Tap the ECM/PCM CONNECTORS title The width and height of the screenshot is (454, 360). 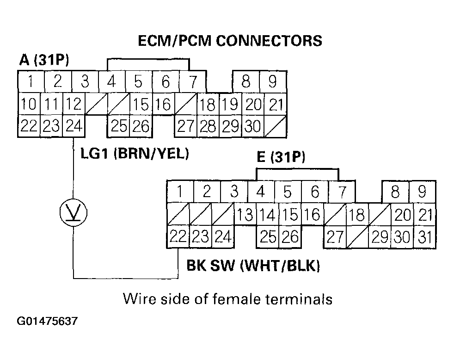pyautogui.click(x=230, y=41)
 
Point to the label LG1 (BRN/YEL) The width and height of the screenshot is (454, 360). pyautogui.click(x=135, y=154)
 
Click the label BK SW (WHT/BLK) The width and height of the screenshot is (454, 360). pyautogui.click(x=253, y=266)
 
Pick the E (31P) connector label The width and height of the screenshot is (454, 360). pyautogui.click(x=281, y=158)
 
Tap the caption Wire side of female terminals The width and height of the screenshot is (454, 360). pyautogui.click(x=227, y=299)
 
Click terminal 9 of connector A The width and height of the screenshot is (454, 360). pyautogui.click(x=272, y=82)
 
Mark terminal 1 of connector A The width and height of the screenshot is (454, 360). pyautogui.click(x=31, y=82)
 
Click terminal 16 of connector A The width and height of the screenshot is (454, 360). pyautogui.click(x=163, y=105)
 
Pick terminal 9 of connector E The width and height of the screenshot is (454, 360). pyautogui.click(x=422, y=192)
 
